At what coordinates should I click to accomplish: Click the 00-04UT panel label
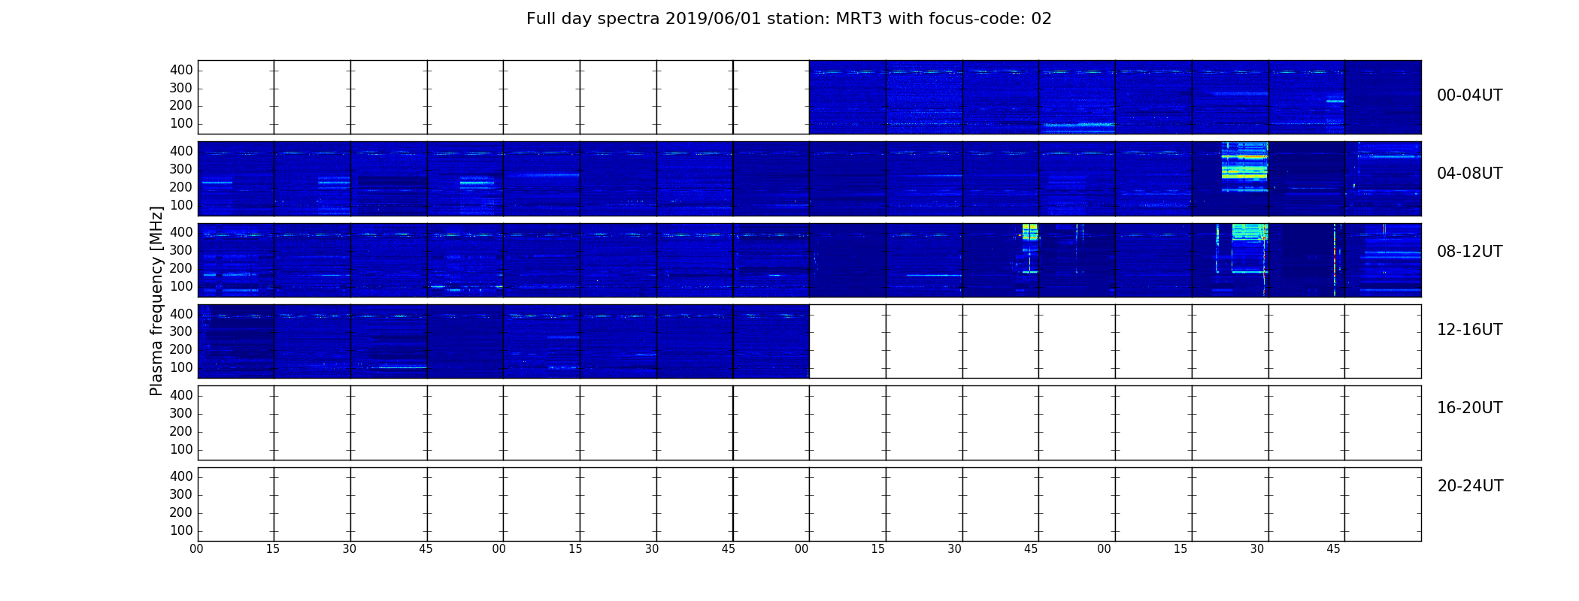click(1470, 95)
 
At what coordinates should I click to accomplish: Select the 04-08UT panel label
click(1470, 174)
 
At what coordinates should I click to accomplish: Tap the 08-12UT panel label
click(1470, 252)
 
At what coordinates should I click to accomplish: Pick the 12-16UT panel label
click(1470, 330)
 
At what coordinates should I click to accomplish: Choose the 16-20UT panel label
click(1470, 408)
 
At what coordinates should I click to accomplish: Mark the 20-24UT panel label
click(1470, 486)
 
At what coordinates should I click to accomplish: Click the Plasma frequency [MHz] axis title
click(156, 300)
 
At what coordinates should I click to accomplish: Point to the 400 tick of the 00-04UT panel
click(181, 71)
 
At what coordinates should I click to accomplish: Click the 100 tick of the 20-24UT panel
click(181, 530)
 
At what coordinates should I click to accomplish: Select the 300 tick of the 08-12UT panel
click(181, 251)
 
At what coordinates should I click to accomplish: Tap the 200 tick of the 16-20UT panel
click(181, 431)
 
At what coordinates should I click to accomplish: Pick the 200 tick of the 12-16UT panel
click(181, 349)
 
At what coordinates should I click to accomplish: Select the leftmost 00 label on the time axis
click(196, 549)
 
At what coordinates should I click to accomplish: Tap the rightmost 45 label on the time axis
click(1333, 549)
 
